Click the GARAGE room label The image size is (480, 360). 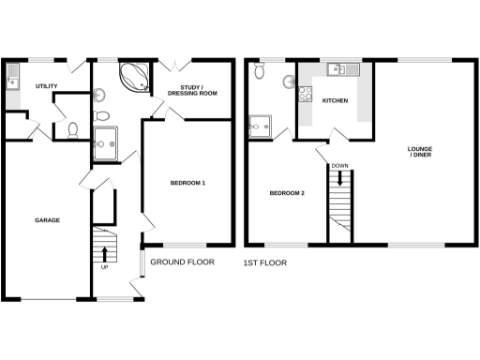point(48,220)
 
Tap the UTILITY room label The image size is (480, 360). point(47,87)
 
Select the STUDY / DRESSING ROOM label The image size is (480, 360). point(192,91)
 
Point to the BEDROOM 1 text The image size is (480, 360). point(187,182)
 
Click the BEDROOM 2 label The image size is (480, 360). point(287,193)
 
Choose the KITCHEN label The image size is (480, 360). point(335,99)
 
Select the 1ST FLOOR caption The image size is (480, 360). point(265,263)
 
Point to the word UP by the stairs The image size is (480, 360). point(104,267)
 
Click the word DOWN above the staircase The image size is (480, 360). point(339,167)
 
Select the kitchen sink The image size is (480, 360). point(337,68)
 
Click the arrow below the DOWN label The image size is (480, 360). point(339,181)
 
